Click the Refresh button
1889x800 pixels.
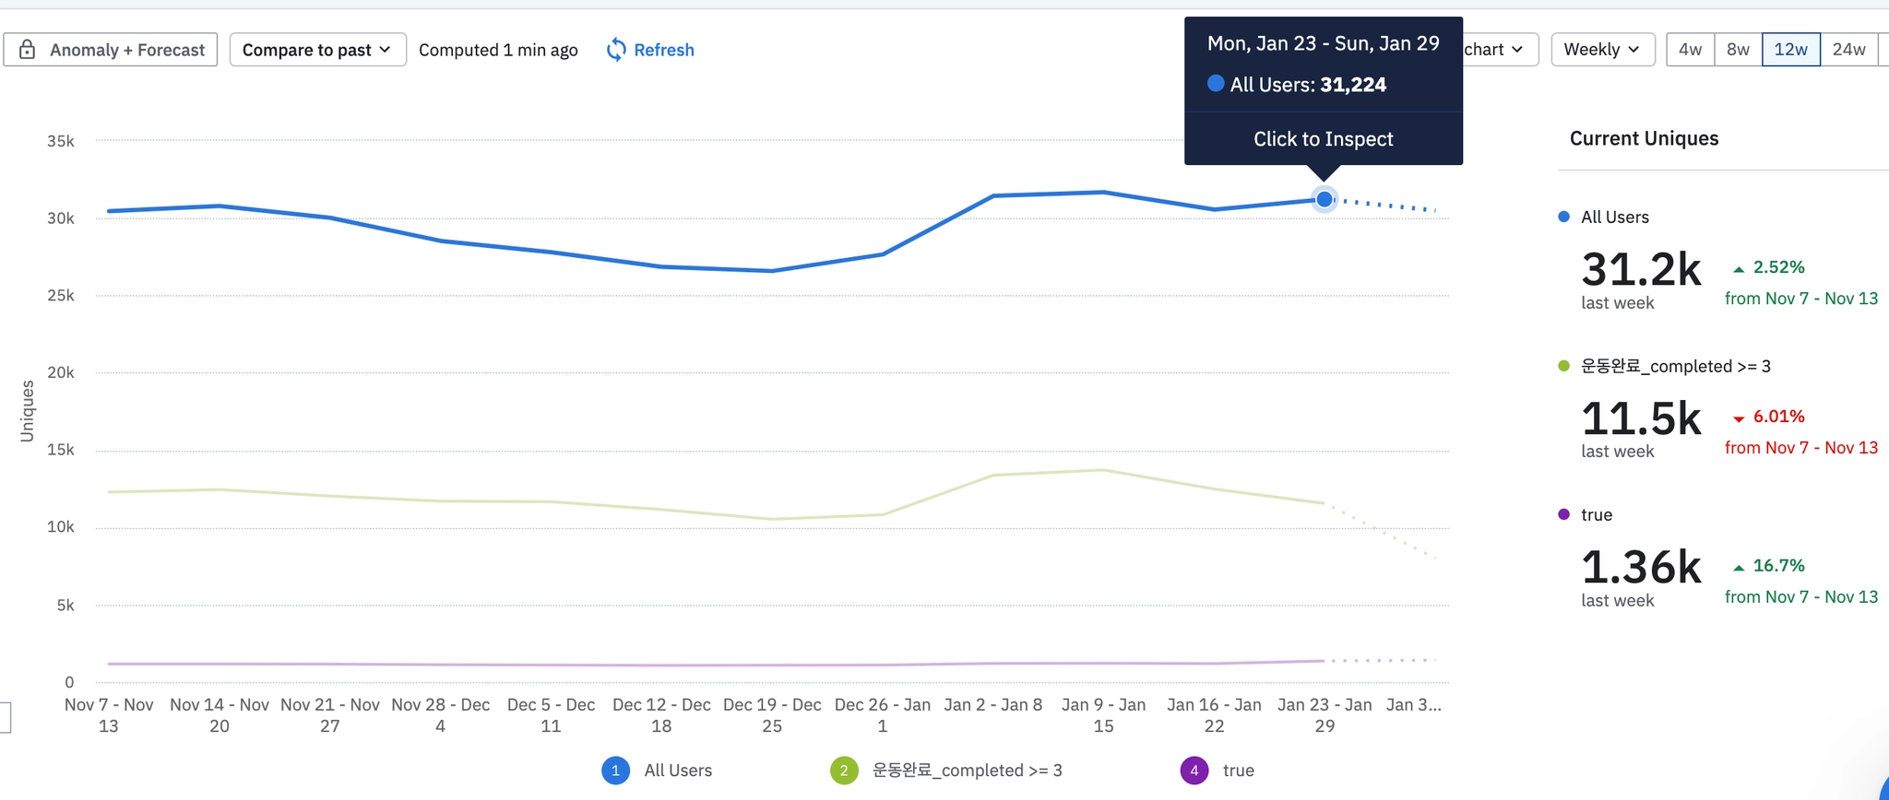(x=651, y=50)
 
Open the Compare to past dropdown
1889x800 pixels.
(x=317, y=50)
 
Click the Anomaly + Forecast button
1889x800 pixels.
(x=111, y=50)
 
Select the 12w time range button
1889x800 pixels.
(x=1790, y=50)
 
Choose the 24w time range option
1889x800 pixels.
(x=1848, y=50)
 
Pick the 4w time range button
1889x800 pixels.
(x=1690, y=50)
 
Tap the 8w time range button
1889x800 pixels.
(x=1738, y=50)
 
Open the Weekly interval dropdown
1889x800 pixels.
(x=1602, y=50)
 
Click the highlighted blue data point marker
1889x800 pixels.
(x=1325, y=199)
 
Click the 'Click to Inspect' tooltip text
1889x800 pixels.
(x=1323, y=139)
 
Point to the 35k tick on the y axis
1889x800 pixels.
(x=61, y=141)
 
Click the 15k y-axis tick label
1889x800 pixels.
(x=61, y=450)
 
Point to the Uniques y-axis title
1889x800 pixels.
(x=27, y=411)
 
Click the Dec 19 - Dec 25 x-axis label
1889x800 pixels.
(x=772, y=715)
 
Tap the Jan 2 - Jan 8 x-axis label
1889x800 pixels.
(x=993, y=705)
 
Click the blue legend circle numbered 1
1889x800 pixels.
(x=615, y=771)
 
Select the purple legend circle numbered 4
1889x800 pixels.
(x=1194, y=771)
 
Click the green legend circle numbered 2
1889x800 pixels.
(x=844, y=771)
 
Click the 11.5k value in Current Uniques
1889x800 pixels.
(x=1641, y=419)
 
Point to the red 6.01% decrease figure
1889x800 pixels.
(x=1777, y=417)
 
